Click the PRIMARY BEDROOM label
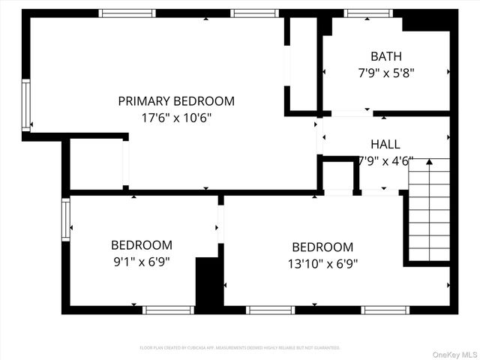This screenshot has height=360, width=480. (176, 100)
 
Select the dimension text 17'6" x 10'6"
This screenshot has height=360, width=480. (176, 118)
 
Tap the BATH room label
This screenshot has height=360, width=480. (385, 55)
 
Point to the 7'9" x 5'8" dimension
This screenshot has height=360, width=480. (385, 73)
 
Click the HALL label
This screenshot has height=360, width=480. (385, 144)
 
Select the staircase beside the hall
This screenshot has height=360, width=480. (429, 210)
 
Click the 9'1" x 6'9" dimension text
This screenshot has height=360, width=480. (141, 262)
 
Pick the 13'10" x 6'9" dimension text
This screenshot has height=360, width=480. (322, 263)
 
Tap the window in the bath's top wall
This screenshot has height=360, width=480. (367, 13)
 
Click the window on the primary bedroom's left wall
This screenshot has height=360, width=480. (25, 105)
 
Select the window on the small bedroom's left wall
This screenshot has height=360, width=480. (66, 218)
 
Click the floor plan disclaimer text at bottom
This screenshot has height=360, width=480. (240, 348)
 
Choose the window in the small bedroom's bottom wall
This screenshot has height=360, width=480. (168, 310)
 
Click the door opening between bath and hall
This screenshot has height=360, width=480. (351, 114)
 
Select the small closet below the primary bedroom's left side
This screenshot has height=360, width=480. (97, 163)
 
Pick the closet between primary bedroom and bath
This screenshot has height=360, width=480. (302, 66)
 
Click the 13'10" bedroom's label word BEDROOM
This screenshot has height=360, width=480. (322, 247)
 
